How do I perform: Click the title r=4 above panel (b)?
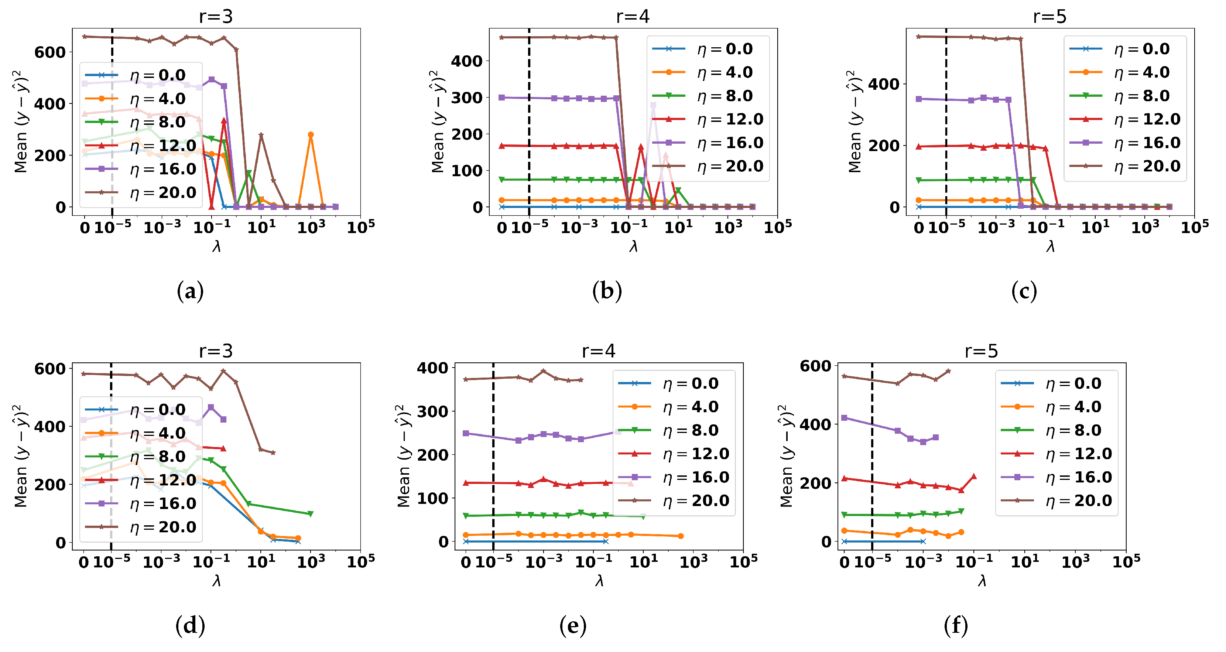tap(633, 17)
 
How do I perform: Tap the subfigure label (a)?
tap(190, 291)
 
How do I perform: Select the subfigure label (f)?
tap(956, 625)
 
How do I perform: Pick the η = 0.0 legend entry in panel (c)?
tap(1124, 49)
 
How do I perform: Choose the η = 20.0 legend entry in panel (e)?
tap(674, 501)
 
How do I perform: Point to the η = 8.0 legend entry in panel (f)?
tap(1057, 430)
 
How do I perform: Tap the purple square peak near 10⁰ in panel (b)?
tap(654, 105)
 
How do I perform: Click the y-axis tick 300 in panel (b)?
tap(466, 98)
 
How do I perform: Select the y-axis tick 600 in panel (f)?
tap(815, 366)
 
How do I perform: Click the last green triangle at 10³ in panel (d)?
tap(310, 513)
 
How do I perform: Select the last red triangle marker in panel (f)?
tap(973, 476)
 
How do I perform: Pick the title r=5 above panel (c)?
tap(1049, 17)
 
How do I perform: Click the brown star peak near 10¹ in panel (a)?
tap(261, 135)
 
